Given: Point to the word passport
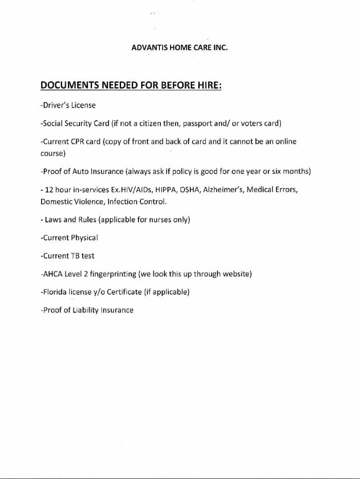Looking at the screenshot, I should coord(198,124).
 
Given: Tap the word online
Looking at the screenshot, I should coord(285,142).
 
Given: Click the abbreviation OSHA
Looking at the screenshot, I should coord(191,190).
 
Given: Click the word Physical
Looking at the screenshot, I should coord(84,238).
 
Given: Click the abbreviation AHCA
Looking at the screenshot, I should coord(52,274).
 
